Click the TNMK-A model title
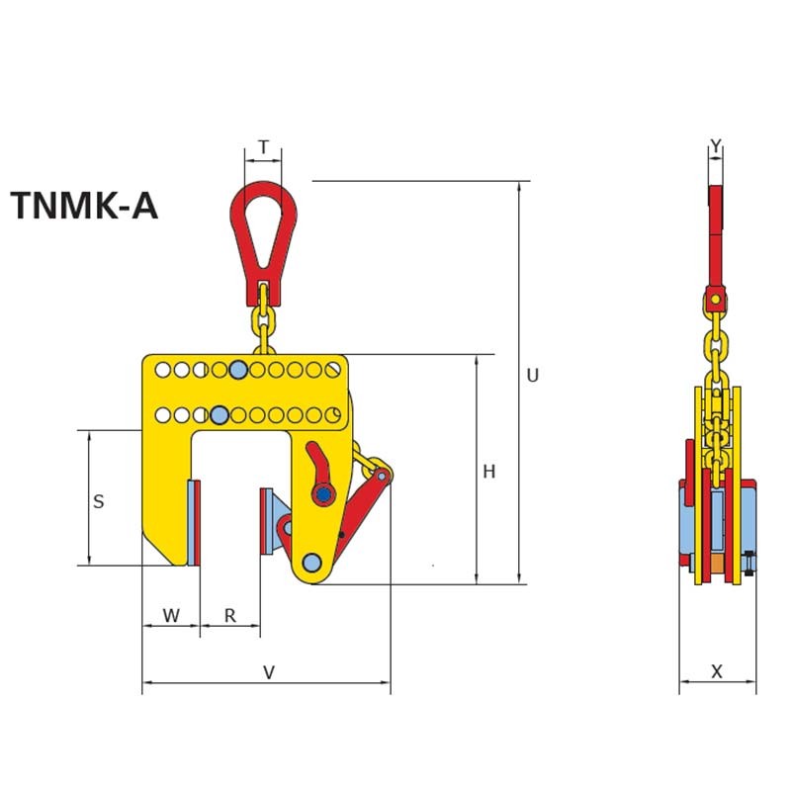tap(84, 207)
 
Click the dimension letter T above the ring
tap(263, 148)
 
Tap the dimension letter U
tap(532, 376)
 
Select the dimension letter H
tap(488, 473)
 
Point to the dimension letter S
tap(98, 501)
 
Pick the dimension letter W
tap(171, 615)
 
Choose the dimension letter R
tap(229, 615)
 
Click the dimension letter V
tap(268, 672)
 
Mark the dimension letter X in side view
tap(718, 672)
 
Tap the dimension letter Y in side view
tap(716, 148)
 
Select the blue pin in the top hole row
tap(237, 370)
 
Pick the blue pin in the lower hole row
tap(220, 413)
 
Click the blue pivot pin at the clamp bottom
tap(312, 563)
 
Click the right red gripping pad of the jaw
tap(266, 521)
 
